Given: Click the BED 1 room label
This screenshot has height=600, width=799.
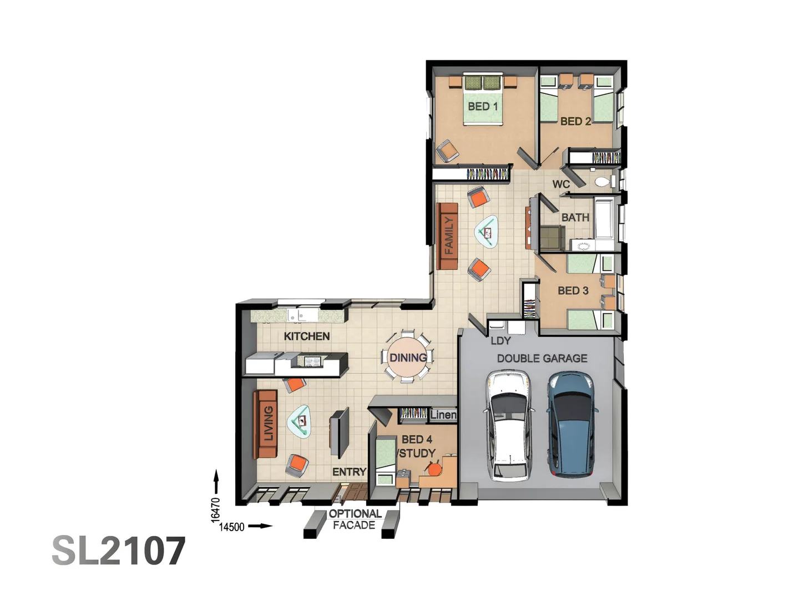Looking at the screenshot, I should (x=482, y=106).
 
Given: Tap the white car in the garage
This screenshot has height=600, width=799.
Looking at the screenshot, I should (x=508, y=426).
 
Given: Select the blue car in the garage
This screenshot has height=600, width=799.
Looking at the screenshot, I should (x=572, y=425).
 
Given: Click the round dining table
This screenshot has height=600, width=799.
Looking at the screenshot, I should (x=408, y=357).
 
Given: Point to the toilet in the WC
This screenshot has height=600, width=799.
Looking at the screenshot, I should (x=603, y=181).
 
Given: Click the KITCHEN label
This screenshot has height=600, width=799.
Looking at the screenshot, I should (x=306, y=336).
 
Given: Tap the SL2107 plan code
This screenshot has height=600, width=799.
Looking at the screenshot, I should (x=118, y=551).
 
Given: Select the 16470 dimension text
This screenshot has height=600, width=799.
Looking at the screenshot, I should (x=216, y=509).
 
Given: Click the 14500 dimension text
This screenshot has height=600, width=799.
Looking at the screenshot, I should (x=231, y=527).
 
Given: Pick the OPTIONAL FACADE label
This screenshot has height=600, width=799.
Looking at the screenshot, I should (x=355, y=519).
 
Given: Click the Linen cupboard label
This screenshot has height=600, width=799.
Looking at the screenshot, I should (x=443, y=414).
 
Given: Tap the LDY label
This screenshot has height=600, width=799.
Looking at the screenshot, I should (x=500, y=341).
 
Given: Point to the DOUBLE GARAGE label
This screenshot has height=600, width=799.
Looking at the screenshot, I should (x=542, y=358).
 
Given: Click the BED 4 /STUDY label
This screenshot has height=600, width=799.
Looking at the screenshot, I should (x=417, y=446).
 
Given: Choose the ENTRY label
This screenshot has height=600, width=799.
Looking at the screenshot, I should (x=349, y=472).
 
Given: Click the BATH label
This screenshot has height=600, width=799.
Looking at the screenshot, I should (x=575, y=217).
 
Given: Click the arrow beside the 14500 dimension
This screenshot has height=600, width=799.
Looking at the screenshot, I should (x=260, y=526).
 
